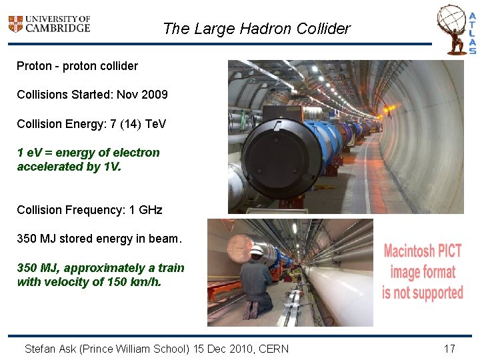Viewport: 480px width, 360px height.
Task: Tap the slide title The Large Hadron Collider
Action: tap(256, 29)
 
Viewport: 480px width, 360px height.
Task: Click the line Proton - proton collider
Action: tap(77, 66)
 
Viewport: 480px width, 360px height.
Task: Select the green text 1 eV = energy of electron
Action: tap(88, 152)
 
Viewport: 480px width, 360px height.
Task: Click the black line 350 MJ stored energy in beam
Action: tap(99, 239)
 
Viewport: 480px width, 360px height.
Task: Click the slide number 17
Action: tap(449, 348)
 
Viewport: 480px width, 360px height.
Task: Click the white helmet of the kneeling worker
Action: tap(257, 251)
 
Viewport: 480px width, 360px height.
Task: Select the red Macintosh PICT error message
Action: tap(423, 272)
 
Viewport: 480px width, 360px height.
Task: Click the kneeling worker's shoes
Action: tap(251, 310)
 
